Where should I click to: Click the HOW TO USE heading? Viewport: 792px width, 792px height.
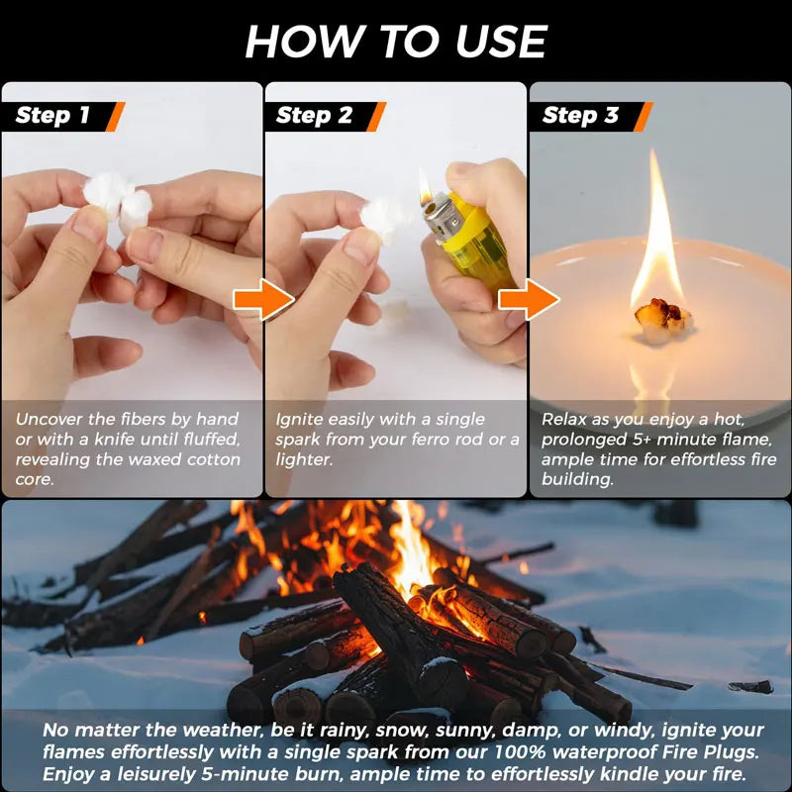click(x=396, y=42)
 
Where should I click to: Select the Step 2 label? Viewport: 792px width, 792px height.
click(x=314, y=116)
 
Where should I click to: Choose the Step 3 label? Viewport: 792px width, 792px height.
click(x=580, y=116)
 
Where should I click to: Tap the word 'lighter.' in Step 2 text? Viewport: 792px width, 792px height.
click(x=305, y=459)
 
